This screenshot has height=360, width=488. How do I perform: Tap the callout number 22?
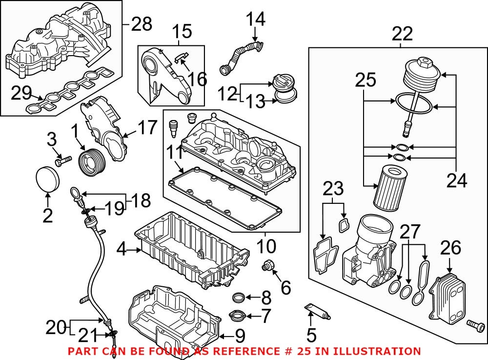401,34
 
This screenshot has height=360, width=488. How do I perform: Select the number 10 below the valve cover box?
266,246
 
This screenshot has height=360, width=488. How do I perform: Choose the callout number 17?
147,128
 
